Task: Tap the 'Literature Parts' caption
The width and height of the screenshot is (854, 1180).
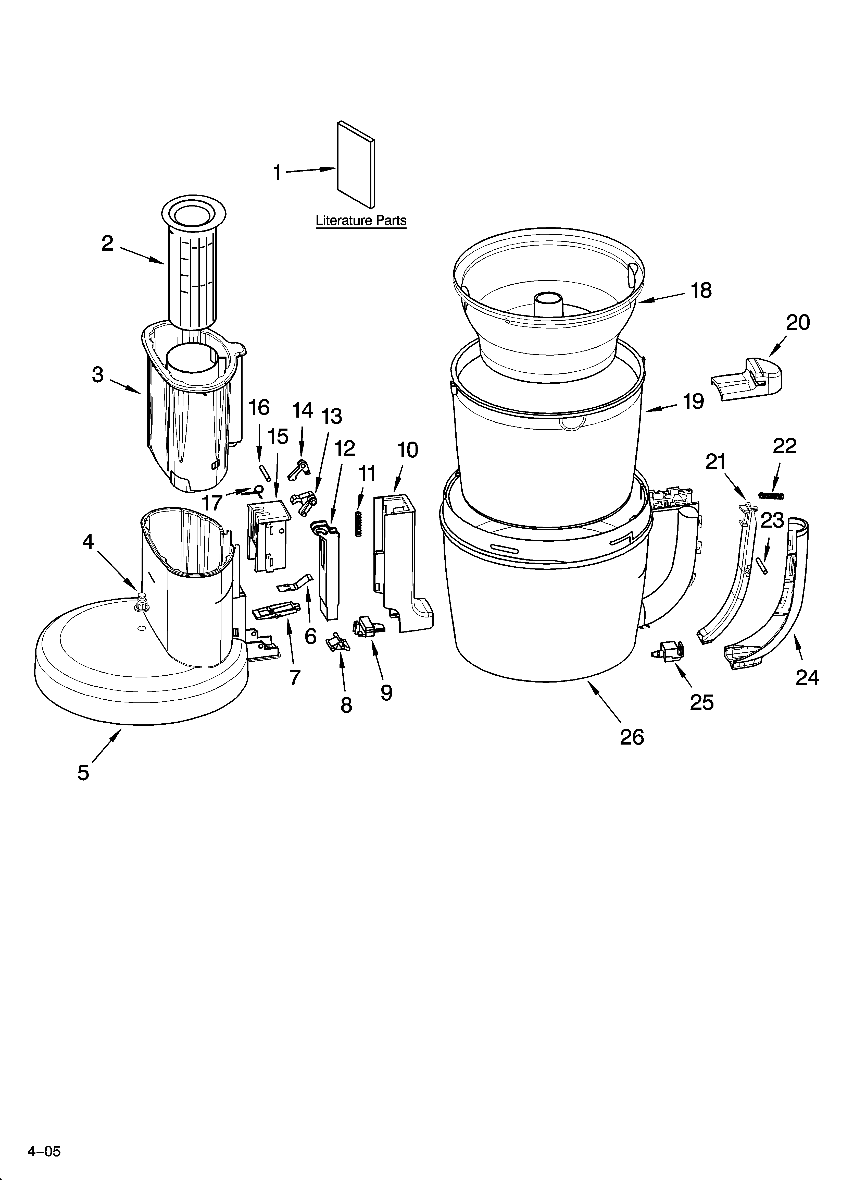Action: [361, 221]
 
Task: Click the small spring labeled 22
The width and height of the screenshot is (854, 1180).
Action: [770, 495]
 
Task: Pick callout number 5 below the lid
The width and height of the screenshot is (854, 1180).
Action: [83, 772]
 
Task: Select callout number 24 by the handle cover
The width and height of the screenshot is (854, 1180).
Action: [807, 677]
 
